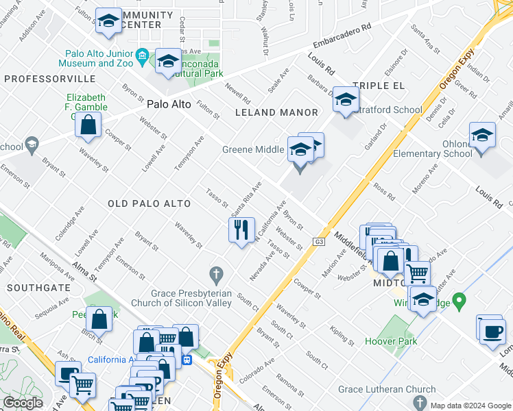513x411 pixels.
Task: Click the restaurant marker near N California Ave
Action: [x=241, y=229]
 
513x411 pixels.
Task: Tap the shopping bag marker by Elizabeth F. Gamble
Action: [x=88, y=125]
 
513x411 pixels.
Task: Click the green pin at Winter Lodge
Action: [x=460, y=300]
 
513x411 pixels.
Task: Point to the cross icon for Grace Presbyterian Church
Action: [x=217, y=276]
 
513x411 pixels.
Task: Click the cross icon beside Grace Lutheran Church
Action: [x=424, y=402]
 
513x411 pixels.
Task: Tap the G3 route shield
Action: [x=320, y=242]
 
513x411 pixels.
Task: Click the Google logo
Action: [x=23, y=403]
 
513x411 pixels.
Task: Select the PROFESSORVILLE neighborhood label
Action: [x=40, y=79]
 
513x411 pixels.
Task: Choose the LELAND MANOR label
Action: [x=276, y=112]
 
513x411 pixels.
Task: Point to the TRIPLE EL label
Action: [x=375, y=86]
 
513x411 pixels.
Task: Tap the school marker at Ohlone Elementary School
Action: [x=482, y=134]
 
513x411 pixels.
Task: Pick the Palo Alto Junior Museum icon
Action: [x=143, y=55]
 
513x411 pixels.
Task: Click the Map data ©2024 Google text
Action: [x=470, y=406]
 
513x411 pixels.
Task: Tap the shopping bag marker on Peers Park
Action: [x=99, y=318]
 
